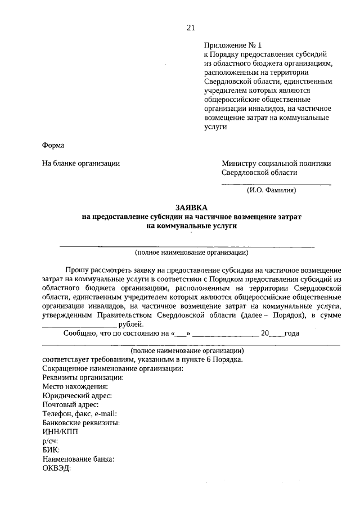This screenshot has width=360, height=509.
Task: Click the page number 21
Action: pos(190,28)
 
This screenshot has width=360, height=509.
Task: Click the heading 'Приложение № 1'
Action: pos(233,46)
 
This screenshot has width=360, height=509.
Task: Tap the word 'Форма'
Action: pos(53,145)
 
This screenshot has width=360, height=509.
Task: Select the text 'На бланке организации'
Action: pos(81,164)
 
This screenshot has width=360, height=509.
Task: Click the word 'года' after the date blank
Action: pos(291,333)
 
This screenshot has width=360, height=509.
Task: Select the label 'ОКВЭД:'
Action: pos(57,469)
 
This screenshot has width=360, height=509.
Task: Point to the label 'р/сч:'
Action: pos(50,441)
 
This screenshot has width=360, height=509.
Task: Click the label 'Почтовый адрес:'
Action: pos(70,404)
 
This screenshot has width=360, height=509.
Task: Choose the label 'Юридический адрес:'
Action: pos(76,395)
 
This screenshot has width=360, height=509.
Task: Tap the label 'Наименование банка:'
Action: pos(78,459)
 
